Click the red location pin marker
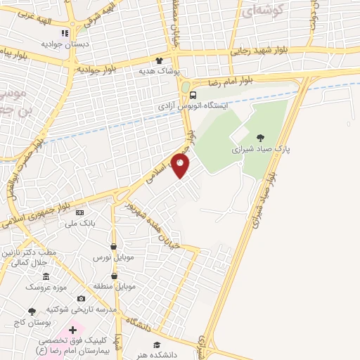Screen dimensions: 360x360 (x=181, y=166)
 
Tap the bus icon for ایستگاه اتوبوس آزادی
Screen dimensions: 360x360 (x=193, y=96)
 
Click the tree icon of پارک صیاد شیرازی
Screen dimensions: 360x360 (x=261, y=138)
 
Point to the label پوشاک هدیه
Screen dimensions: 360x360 (x=160, y=71)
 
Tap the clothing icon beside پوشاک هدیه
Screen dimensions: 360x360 (x=160, y=60)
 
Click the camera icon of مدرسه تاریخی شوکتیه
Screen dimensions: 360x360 (x=82, y=299)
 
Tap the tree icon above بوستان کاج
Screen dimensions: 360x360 (x=31, y=311)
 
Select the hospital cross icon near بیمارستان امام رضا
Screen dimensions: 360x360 (x=73, y=329)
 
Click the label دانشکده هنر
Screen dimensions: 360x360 (x=158, y=355)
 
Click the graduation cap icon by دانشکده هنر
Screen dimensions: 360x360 (x=157, y=345)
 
